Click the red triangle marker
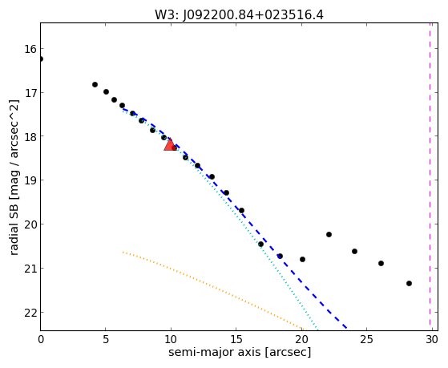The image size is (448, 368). [x=170, y=145]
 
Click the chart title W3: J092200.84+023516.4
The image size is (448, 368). [x=239, y=15]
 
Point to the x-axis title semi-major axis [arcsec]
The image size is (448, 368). [x=240, y=352]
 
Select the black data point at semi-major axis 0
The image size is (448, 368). [x=41, y=59]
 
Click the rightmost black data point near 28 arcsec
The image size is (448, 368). [x=409, y=283]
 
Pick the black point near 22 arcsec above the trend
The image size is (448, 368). [x=329, y=234]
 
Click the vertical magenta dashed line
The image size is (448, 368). [x=430, y=176]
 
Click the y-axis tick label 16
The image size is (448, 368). [x=30, y=49]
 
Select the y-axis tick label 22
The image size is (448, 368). [x=30, y=313]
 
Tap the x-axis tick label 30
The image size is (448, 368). [x=432, y=339]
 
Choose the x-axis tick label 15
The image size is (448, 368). [x=236, y=339]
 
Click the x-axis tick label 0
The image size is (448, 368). [x=41, y=339]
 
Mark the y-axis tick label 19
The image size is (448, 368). [x=30, y=180]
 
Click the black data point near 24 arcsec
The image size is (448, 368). [x=354, y=251]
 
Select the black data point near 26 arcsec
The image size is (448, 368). [x=381, y=263]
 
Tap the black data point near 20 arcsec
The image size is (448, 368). [x=303, y=259]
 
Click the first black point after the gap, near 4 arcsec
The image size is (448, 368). [x=95, y=85]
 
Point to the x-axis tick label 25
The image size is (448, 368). [x=366, y=339]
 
